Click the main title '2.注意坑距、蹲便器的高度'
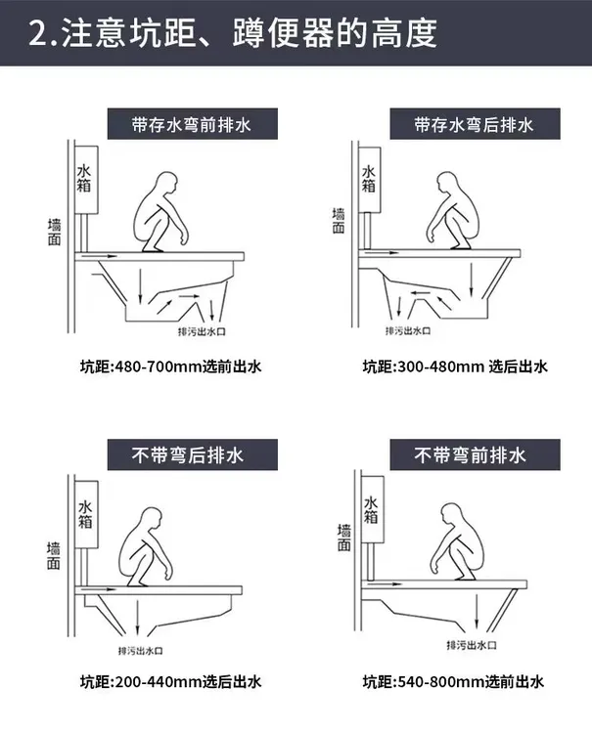(233, 33)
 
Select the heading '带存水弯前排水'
(192, 125)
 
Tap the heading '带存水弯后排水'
(474, 125)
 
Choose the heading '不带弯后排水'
(188, 454)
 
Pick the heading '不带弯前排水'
(471, 454)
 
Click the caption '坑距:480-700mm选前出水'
(171, 366)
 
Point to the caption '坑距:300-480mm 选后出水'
(455, 366)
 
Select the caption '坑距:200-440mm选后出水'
(171, 682)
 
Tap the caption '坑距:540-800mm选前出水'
(453, 682)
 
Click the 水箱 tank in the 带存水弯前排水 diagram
(86, 180)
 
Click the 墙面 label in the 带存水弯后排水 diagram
(339, 221)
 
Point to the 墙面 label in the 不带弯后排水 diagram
(54, 556)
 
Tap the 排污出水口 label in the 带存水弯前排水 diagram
(203, 332)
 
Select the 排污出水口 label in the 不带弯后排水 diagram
(140, 651)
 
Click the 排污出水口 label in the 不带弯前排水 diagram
(472, 645)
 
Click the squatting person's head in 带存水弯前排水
(167, 184)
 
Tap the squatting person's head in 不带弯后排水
(152, 518)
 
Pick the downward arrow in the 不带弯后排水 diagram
(138, 617)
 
